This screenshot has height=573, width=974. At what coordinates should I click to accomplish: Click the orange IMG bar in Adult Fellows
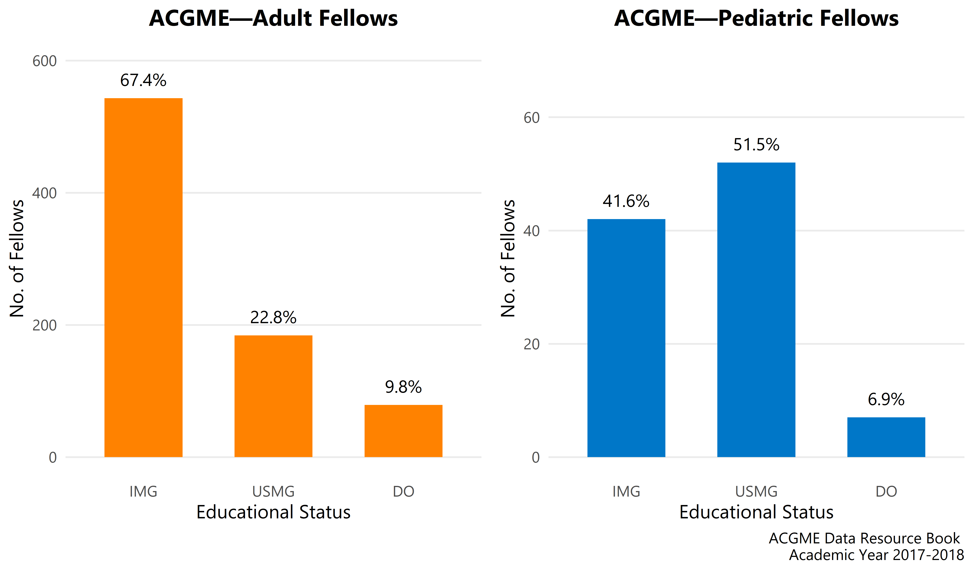pyautogui.click(x=143, y=278)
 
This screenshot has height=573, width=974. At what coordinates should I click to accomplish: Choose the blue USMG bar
pyautogui.click(x=756, y=310)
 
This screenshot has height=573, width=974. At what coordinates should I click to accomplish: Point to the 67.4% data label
pyautogui.click(x=143, y=80)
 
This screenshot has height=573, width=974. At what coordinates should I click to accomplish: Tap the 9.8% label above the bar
pyautogui.click(x=403, y=387)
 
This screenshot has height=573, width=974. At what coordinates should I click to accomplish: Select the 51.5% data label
pyautogui.click(x=756, y=145)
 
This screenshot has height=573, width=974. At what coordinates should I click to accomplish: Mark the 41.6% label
pyautogui.click(x=626, y=201)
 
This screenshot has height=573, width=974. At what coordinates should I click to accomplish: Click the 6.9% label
pyautogui.click(x=886, y=399)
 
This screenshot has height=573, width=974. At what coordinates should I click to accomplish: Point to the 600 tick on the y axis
pyautogui.click(x=44, y=61)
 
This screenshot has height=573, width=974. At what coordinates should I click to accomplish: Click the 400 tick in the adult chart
pyautogui.click(x=44, y=193)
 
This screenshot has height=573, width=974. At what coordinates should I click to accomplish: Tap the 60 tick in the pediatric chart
pyautogui.click(x=531, y=117)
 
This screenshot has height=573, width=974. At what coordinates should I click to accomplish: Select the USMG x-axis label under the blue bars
pyautogui.click(x=756, y=491)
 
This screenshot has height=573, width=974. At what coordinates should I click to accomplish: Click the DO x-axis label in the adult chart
pyautogui.click(x=403, y=491)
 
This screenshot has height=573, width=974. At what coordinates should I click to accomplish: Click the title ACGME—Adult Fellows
pyautogui.click(x=273, y=18)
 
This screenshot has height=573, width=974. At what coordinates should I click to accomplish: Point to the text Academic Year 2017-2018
pyautogui.click(x=876, y=555)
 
